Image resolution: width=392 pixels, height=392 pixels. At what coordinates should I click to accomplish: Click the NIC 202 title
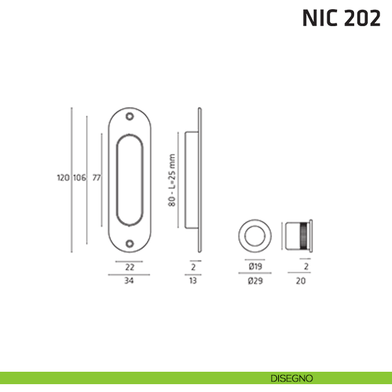(x=341, y=18)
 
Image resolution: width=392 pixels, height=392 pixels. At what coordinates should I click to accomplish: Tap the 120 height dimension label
(x=63, y=178)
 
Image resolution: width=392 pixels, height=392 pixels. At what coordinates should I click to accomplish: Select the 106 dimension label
(x=80, y=178)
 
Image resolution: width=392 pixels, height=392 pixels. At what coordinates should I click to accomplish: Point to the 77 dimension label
(x=97, y=178)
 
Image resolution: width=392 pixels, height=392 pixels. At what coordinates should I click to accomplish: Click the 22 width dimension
(x=129, y=267)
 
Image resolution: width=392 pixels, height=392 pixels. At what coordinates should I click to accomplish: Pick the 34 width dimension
(x=129, y=281)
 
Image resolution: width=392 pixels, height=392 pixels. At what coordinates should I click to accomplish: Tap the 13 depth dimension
(x=193, y=281)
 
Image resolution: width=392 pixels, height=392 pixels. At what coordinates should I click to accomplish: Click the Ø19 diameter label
(x=255, y=267)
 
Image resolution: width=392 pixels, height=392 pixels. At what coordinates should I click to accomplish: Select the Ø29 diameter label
(x=255, y=281)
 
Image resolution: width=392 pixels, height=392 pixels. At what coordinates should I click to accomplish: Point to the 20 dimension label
(x=301, y=281)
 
